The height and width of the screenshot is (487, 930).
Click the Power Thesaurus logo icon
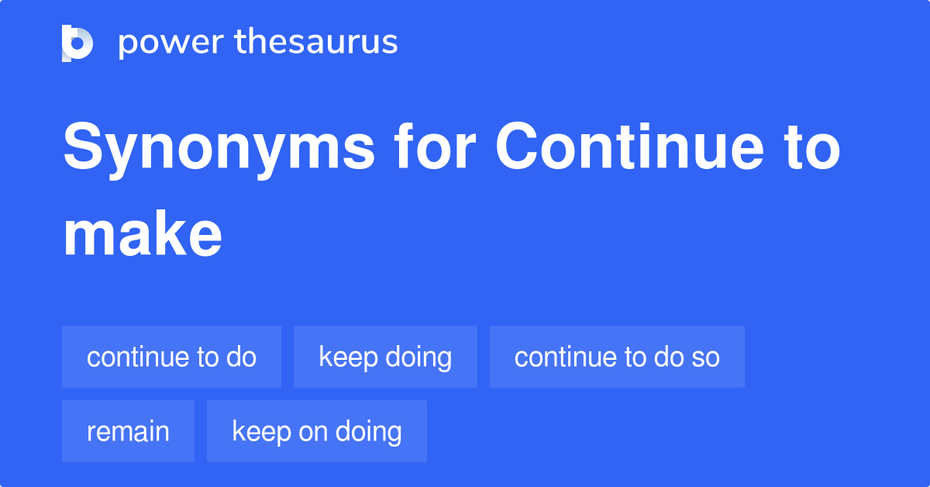click(77, 43)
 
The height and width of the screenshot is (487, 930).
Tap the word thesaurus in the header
click(316, 43)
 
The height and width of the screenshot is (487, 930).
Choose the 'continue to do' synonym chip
click(171, 357)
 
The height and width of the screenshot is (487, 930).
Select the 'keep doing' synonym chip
click(385, 357)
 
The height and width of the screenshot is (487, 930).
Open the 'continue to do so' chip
click(617, 357)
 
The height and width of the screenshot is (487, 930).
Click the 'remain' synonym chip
click(128, 431)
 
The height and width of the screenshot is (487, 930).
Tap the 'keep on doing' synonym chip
click(316, 431)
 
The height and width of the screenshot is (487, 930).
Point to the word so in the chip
click(705, 357)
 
